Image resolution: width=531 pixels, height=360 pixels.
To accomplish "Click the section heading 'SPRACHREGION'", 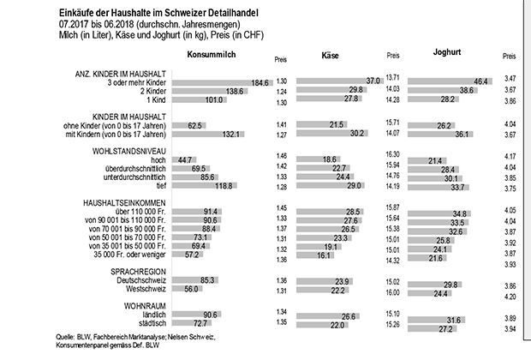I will [125, 270].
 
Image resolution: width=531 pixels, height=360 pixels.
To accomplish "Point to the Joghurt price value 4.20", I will [511, 296].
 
